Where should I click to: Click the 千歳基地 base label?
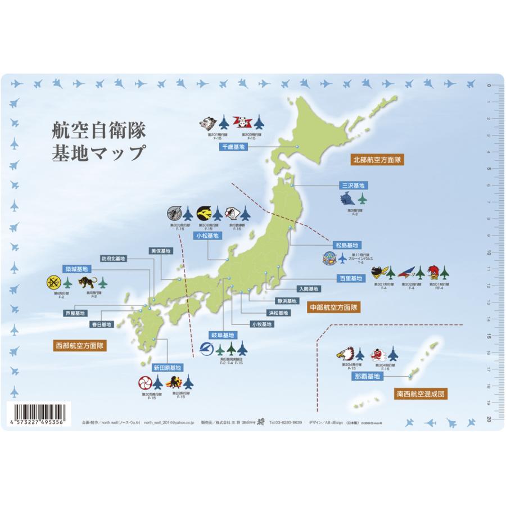(233, 147)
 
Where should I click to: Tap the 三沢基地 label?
(354, 185)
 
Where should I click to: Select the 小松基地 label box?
(205, 236)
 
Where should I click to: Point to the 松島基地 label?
(347, 245)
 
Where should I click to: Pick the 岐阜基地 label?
(223, 335)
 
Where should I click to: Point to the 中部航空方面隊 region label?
(334, 308)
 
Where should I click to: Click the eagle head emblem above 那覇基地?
(344, 354)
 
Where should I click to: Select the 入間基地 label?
(308, 289)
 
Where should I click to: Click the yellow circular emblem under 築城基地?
(53, 282)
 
